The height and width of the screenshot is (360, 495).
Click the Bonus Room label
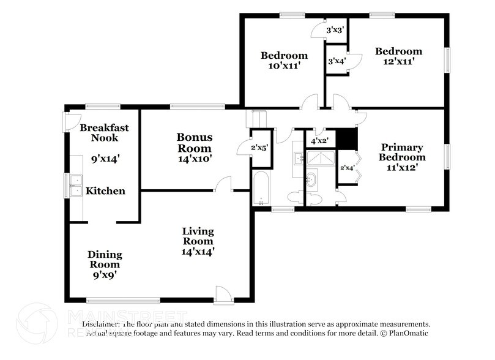click(x=195, y=143)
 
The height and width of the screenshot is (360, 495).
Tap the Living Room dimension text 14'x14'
click(x=198, y=251)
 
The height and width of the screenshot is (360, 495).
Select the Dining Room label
click(x=105, y=260)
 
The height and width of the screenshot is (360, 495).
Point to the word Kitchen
click(x=105, y=191)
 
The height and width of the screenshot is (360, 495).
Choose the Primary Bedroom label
click(x=402, y=152)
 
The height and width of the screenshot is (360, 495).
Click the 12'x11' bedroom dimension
click(x=398, y=61)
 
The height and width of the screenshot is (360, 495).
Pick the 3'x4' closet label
click(x=335, y=61)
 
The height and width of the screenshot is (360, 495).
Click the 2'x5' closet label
click(x=259, y=146)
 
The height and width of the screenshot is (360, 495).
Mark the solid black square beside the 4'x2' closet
click(x=347, y=139)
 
